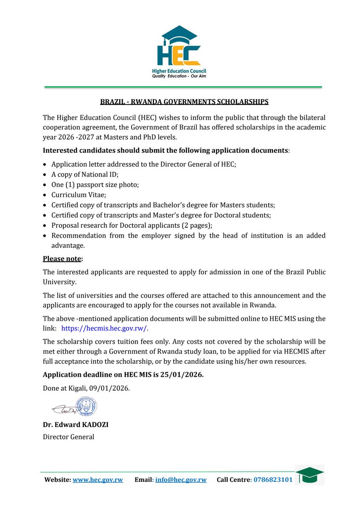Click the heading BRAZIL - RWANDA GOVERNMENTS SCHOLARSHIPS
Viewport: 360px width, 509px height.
tap(184, 102)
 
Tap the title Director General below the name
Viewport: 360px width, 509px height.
tap(68, 437)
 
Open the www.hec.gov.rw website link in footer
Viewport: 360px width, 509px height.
tap(98, 480)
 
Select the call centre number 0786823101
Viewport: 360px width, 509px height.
tap(273, 480)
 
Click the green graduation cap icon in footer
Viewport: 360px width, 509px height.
tap(309, 475)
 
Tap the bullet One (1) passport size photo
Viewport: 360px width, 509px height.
tap(95, 185)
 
